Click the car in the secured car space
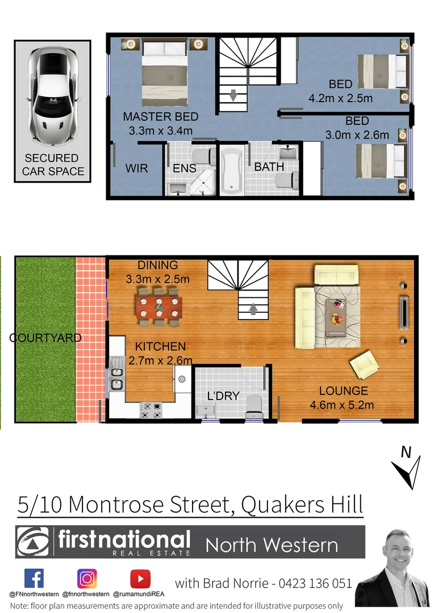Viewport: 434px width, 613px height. (x=52, y=95)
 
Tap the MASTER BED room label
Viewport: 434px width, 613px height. (x=161, y=117)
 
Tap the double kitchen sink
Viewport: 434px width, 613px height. (x=116, y=379)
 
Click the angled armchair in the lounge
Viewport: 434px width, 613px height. (x=364, y=364)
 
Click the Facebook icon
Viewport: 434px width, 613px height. (x=34, y=578)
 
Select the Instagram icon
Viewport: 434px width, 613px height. (x=87, y=578)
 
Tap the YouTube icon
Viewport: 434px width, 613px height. (x=140, y=578)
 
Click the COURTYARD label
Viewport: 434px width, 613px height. (x=45, y=338)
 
